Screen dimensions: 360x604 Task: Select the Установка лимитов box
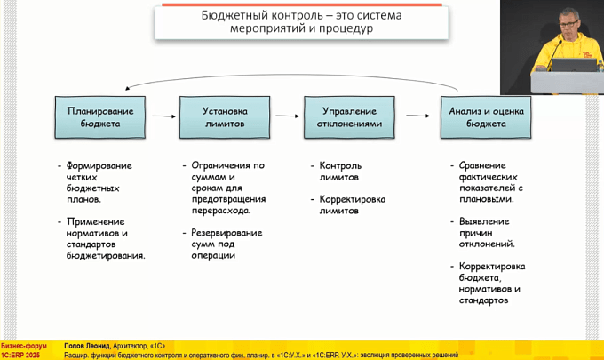coord(225,116)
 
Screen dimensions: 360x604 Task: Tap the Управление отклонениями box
coord(349,116)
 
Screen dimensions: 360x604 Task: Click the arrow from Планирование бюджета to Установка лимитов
coord(162,116)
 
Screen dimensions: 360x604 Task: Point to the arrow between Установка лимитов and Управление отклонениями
coord(286,116)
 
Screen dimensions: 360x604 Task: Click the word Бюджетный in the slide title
coord(240,15)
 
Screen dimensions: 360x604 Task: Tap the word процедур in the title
coord(349,28)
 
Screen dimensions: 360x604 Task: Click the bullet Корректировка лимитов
coord(352,204)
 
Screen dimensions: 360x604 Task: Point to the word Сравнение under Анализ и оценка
coord(483,165)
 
